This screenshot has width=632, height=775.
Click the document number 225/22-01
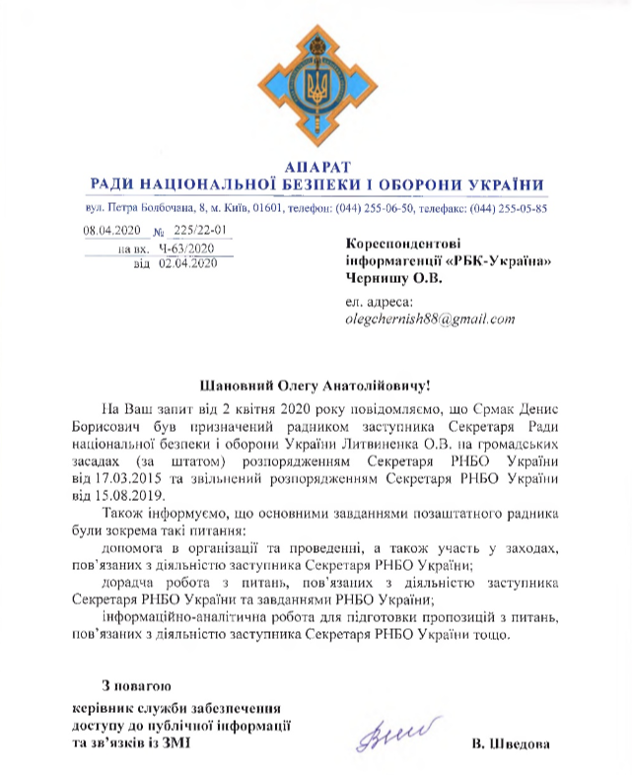coord(199,231)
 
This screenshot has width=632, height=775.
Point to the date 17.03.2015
coord(131,477)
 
